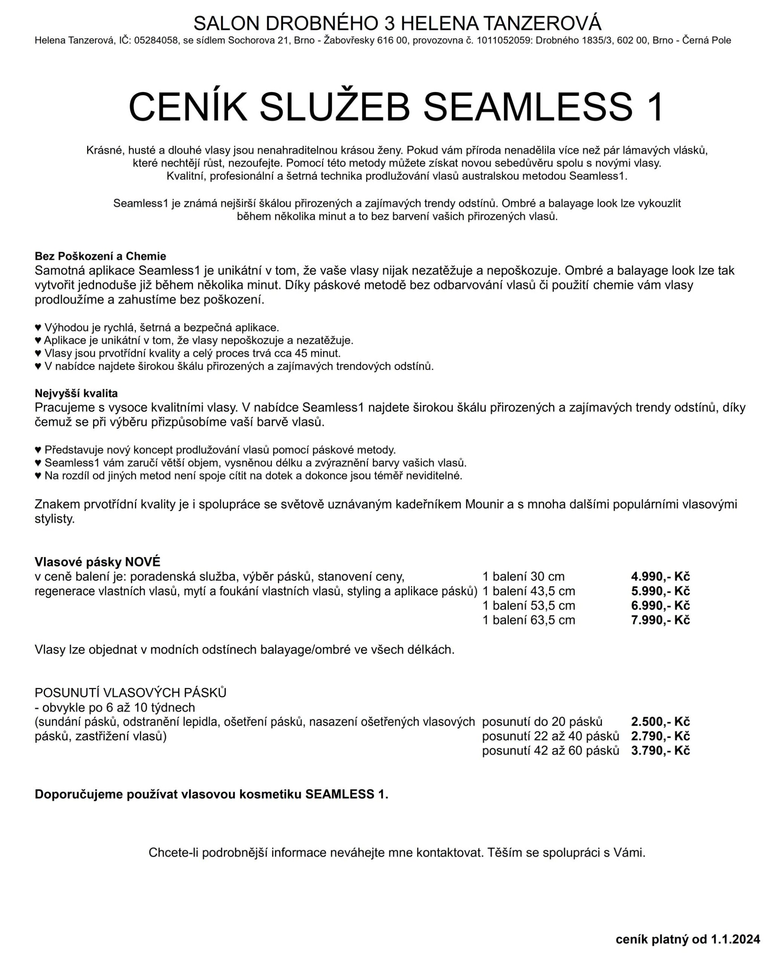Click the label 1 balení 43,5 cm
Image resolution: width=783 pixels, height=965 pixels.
[529, 591]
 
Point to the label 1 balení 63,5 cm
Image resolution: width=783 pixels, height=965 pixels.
[529, 620]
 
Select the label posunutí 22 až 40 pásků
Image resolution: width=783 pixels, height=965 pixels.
[550, 736]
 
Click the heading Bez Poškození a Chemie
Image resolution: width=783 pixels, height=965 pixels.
[100, 256]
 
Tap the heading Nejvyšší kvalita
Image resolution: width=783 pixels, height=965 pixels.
[76, 393]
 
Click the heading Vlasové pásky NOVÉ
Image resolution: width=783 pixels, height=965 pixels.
[97, 562]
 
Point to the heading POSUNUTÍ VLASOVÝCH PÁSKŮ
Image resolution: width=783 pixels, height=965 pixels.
[130, 692]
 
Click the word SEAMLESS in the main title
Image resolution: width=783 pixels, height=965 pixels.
[528, 107]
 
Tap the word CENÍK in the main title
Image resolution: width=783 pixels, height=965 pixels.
[188, 107]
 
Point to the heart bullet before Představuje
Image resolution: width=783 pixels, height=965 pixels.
[38, 450]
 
